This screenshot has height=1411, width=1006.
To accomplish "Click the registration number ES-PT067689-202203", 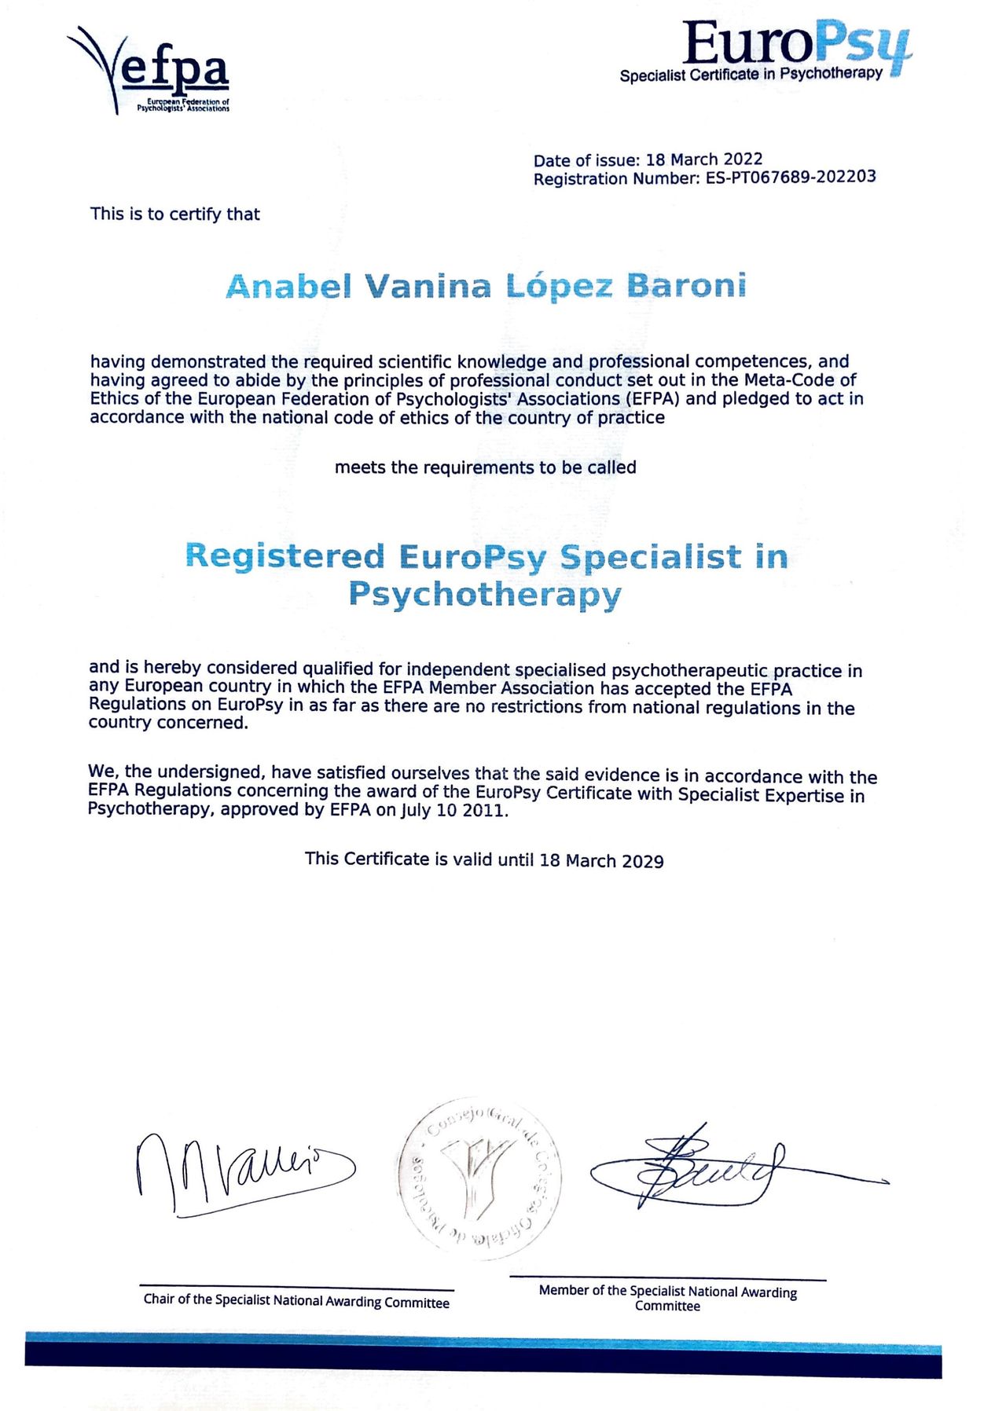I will pos(791,177).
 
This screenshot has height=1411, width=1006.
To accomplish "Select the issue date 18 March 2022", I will pos(704,159).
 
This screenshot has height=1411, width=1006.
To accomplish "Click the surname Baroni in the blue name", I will pos(686,286).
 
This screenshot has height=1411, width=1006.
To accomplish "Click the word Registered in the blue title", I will pos(285,556).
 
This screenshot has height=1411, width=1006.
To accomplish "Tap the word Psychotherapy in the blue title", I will pos(485,595).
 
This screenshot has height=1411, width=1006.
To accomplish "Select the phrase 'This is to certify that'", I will pos(174,214).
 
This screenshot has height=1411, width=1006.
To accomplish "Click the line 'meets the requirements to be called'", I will pos(485,467).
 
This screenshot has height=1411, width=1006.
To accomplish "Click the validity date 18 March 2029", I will pos(601,860).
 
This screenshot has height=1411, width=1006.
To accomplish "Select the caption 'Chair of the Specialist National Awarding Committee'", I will pos(296,1301).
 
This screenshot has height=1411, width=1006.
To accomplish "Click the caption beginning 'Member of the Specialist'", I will pos(667,1298).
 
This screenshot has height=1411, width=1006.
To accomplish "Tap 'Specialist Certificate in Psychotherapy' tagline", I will pos(751,75).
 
